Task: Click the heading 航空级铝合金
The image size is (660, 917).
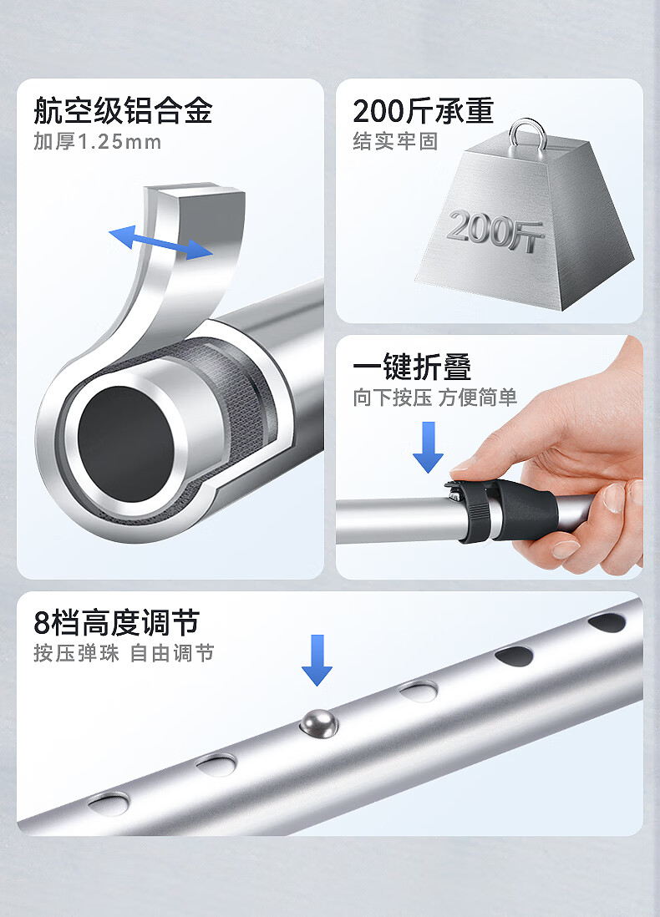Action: pyautogui.click(x=122, y=110)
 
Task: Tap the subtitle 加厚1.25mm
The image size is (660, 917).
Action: pyautogui.click(x=97, y=141)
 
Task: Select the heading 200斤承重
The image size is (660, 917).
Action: pyautogui.click(x=423, y=110)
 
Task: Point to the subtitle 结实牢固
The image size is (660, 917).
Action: pyautogui.click(x=395, y=141)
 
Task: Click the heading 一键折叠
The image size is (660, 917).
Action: pyautogui.click(x=412, y=367)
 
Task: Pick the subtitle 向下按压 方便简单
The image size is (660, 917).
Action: pyautogui.click(x=434, y=398)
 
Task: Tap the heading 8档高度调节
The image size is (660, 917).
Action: pyautogui.click(x=116, y=622)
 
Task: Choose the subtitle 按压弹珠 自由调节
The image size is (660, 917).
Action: pyautogui.click(x=124, y=653)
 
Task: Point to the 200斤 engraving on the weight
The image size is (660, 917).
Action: pyautogui.click(x=495, y=231)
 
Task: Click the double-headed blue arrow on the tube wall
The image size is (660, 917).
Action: pyautogui.click(x=161, y=241)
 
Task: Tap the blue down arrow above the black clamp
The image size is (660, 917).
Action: pyautogui.click(x=428, y=448)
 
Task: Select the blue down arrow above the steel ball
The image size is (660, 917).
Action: pyautogui.click(x=317, y=661)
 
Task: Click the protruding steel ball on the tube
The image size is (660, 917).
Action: pyautogui.click(x=319, y=723)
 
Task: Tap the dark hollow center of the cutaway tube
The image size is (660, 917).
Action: pyautogui.click(x=126, y=443)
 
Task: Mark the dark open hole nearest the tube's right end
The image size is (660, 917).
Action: pyautogui.click(x=607, y=622)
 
